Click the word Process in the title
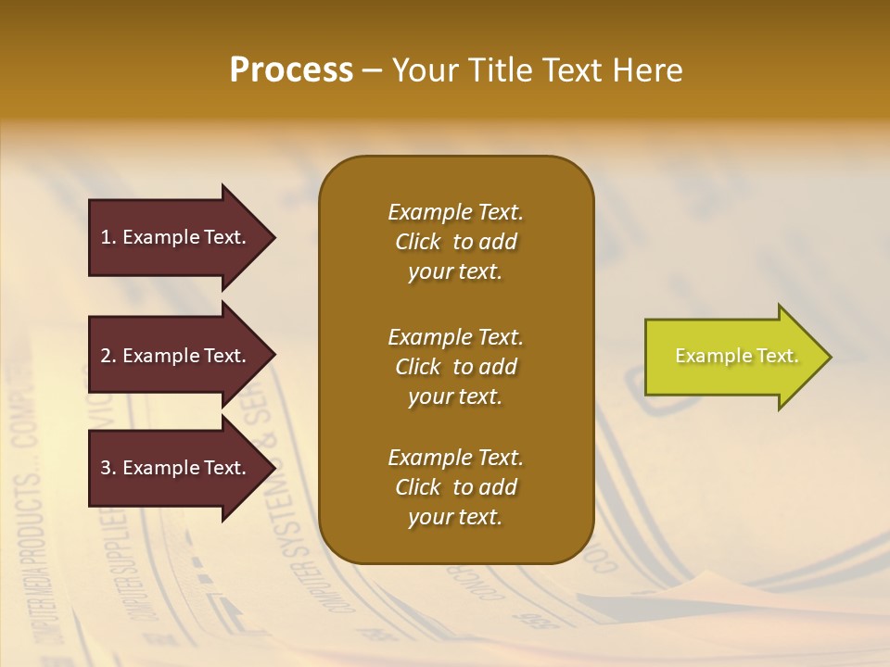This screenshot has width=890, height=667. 291,70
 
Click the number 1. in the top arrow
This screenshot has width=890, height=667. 108,237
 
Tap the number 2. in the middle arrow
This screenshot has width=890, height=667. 108,356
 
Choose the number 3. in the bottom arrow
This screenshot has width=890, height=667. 108,468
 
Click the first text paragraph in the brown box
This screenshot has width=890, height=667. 455,242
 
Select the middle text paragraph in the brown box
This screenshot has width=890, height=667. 455,367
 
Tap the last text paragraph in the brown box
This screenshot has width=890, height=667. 455,487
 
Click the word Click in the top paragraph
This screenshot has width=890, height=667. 417,242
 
